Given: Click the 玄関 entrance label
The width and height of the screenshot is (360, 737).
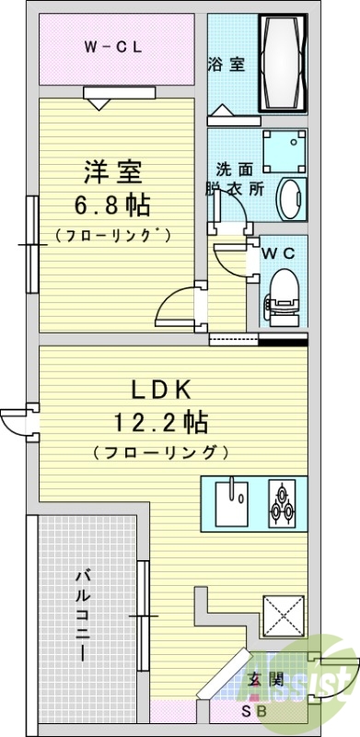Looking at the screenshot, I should pos(261,682).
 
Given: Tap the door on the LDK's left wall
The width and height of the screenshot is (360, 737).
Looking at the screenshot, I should pos(19,421).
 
